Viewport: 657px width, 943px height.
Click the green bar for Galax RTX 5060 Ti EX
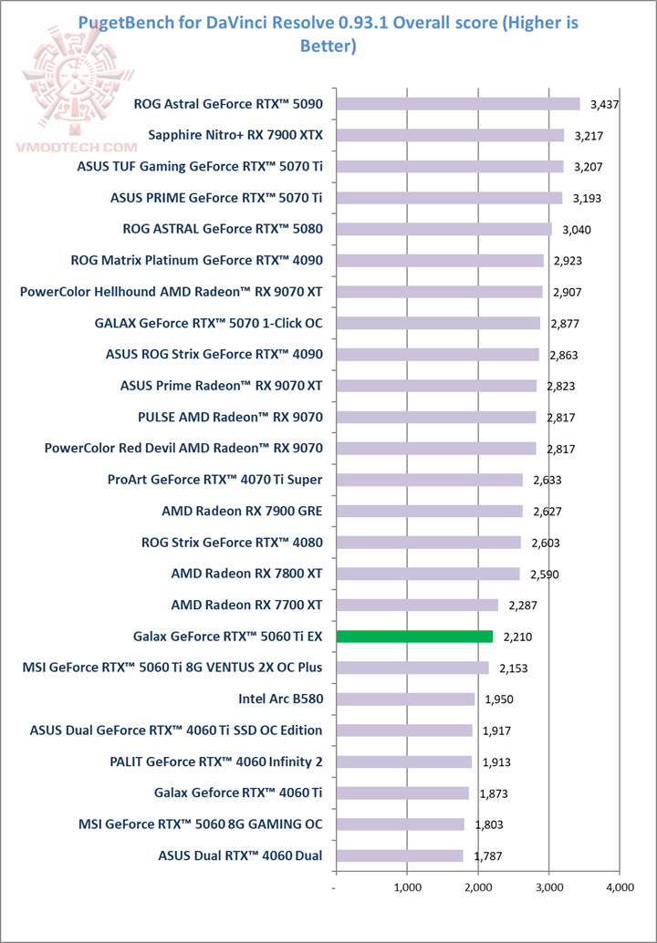tap(414, 637)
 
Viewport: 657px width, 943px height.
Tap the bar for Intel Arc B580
tap(405, 699)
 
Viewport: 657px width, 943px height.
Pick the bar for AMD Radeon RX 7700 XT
tap(417, 605)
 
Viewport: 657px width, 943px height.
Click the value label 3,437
tap(605, 105)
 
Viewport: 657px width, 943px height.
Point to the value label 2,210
tap(517, 637)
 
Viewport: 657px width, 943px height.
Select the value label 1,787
tap(487, 857)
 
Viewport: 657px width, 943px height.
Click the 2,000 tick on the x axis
tap(477, 886)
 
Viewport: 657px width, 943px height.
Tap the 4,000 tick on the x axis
tap(619, 886)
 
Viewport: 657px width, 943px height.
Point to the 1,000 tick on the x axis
tap(407, 886)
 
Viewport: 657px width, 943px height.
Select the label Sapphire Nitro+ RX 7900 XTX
tap(235, 136)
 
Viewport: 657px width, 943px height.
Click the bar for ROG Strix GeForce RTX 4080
tap(429, 543)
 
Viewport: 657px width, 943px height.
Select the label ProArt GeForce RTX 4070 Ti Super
tap(214, 480)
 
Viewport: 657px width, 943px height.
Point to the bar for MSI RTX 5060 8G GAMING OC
tap(401, 824)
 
